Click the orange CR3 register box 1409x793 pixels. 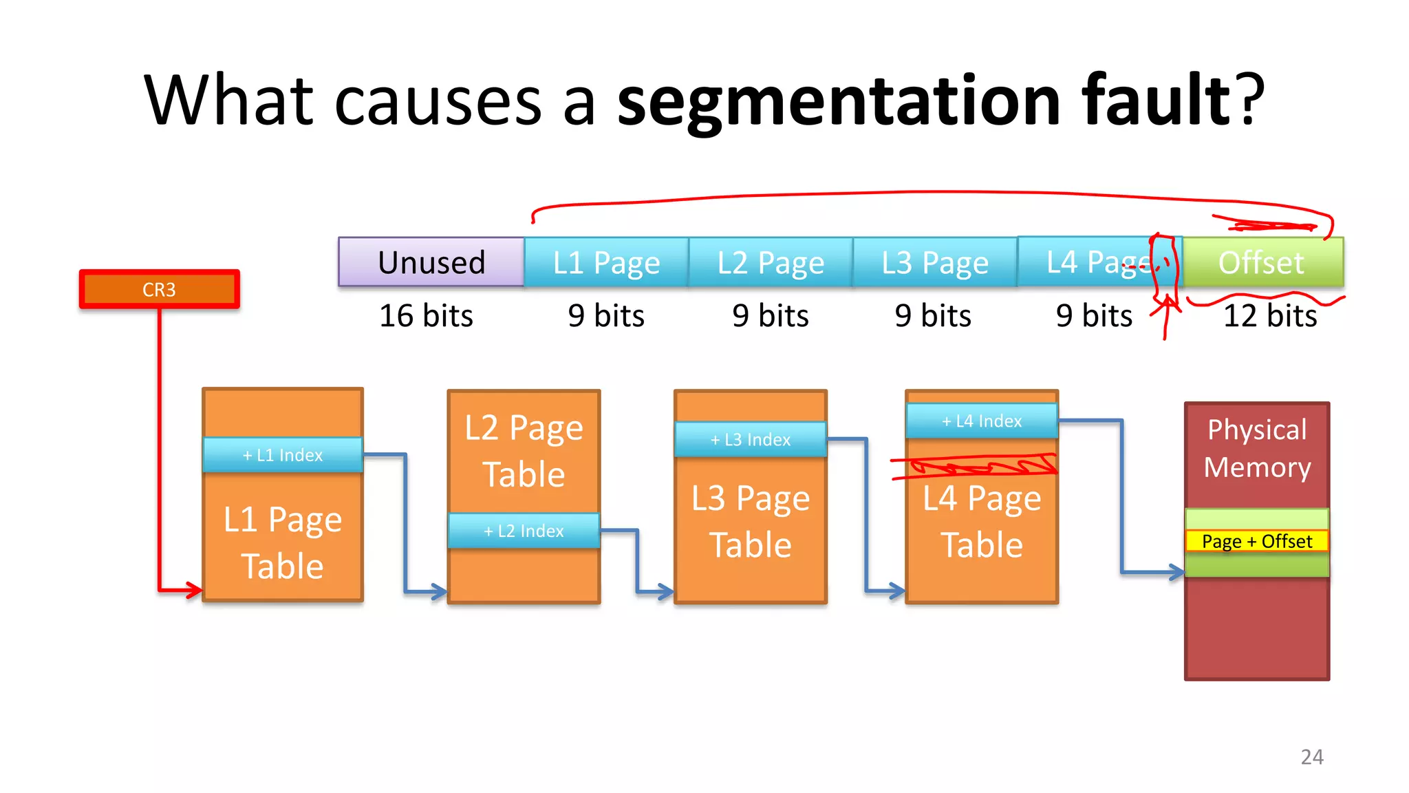[159, 289]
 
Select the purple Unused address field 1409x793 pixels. [431, 262]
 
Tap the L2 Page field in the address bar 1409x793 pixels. [771, 262]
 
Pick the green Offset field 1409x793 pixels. [1262, 262]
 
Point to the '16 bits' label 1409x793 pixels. [426, 316]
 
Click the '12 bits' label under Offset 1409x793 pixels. [1270, 316]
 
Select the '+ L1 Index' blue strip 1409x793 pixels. [283, 455]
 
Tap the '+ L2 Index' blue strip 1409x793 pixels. [524, 531]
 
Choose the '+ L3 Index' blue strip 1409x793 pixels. [751, 439]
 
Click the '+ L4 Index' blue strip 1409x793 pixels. [982, 421]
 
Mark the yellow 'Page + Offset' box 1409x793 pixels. [1257, 541]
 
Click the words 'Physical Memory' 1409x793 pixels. [1257, 448]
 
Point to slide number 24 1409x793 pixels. [1312, 757]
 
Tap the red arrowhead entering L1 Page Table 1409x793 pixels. [193, 589]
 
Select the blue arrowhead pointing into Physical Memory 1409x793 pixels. [1175, 571]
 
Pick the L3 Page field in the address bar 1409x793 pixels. [935, 262]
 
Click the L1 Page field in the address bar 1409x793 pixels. [606, 262]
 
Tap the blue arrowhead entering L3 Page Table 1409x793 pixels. [665, 591]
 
